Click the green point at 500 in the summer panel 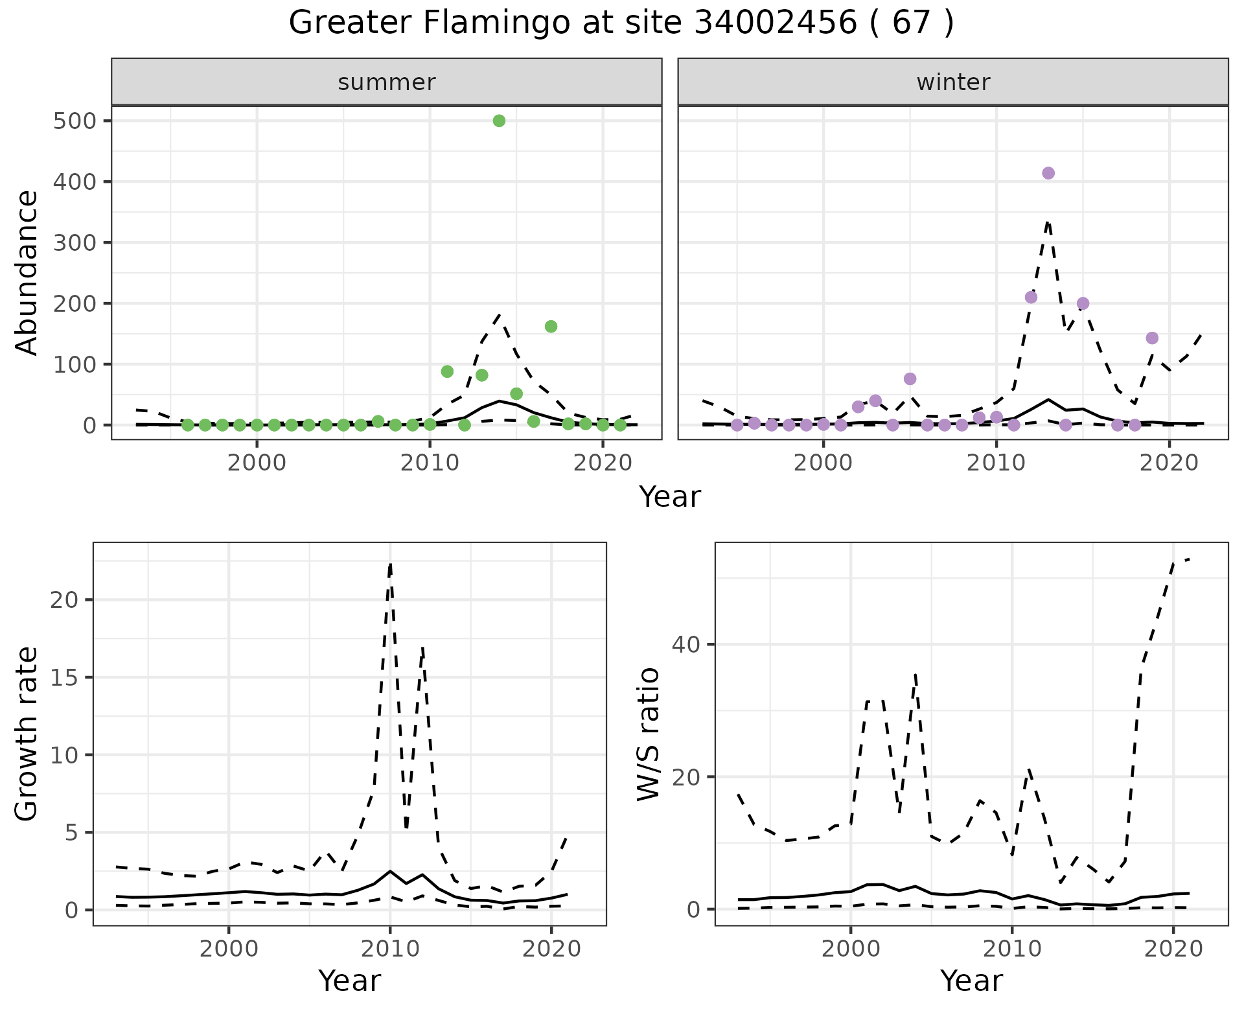click(x=499, y=121)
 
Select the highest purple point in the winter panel click(x=1048, y=173)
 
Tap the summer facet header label click(x=387, y=82)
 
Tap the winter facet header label click(x=953, y=82)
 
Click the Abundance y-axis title click(x=27, y=272)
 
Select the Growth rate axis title click(x=27, y=734)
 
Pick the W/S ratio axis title click(x=648, y=734)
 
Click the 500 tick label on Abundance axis click(x=75, y=121)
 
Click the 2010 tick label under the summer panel click(x=430, y=463)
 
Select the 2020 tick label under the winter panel click(x=1169, y=463)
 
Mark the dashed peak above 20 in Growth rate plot click(x=390, y=564)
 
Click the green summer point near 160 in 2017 click(x=551, y=326)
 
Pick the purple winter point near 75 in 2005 click(x=910, y=378)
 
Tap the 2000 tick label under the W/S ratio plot click(x=850, y=949)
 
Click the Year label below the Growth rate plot click(x=349, y=981)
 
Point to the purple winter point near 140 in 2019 click(x=1152, y=338)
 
